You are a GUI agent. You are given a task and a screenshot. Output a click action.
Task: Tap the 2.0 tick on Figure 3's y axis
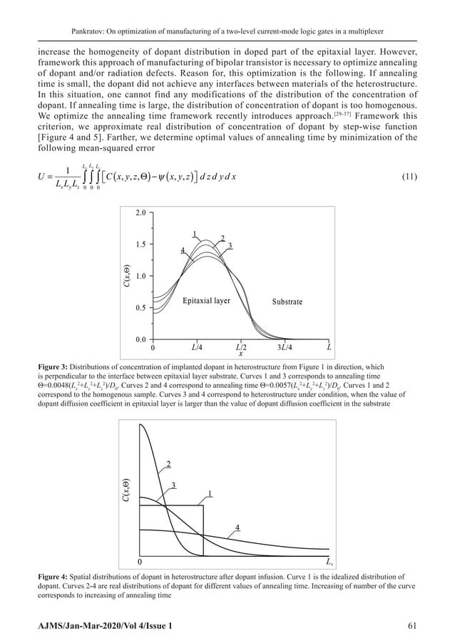pos(140,213)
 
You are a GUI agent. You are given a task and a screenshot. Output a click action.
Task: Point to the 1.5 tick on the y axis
pos(140,245)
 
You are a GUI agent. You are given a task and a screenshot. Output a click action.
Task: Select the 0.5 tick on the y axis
pos(140,308)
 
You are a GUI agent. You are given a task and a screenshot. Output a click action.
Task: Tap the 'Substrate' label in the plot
pos(287,302)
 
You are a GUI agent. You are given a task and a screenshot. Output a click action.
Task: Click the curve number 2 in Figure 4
pos(168,465)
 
